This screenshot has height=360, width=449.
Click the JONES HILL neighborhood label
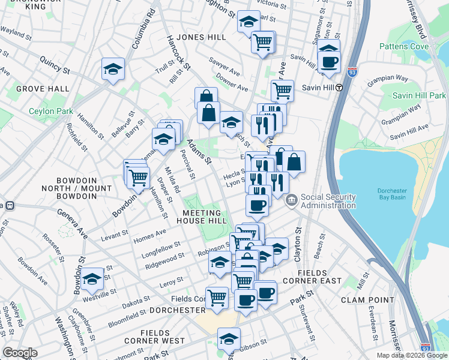(x=201, y=37)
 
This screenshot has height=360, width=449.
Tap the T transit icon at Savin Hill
(x=339, y=88)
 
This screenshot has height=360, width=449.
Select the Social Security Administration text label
(x=328, y=201)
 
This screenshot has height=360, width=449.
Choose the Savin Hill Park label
(x=419, y=95)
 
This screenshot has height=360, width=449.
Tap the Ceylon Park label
(x=50, y=111)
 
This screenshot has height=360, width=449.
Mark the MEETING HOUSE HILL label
(x=201, y=217)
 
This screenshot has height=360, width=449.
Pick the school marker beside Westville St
(x=92, y=278)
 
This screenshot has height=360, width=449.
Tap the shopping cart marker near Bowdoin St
(x=138, y=178)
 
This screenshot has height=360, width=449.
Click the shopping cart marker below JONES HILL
(x=262, y=42)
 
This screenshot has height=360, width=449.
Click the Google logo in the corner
(x=20, y=353)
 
